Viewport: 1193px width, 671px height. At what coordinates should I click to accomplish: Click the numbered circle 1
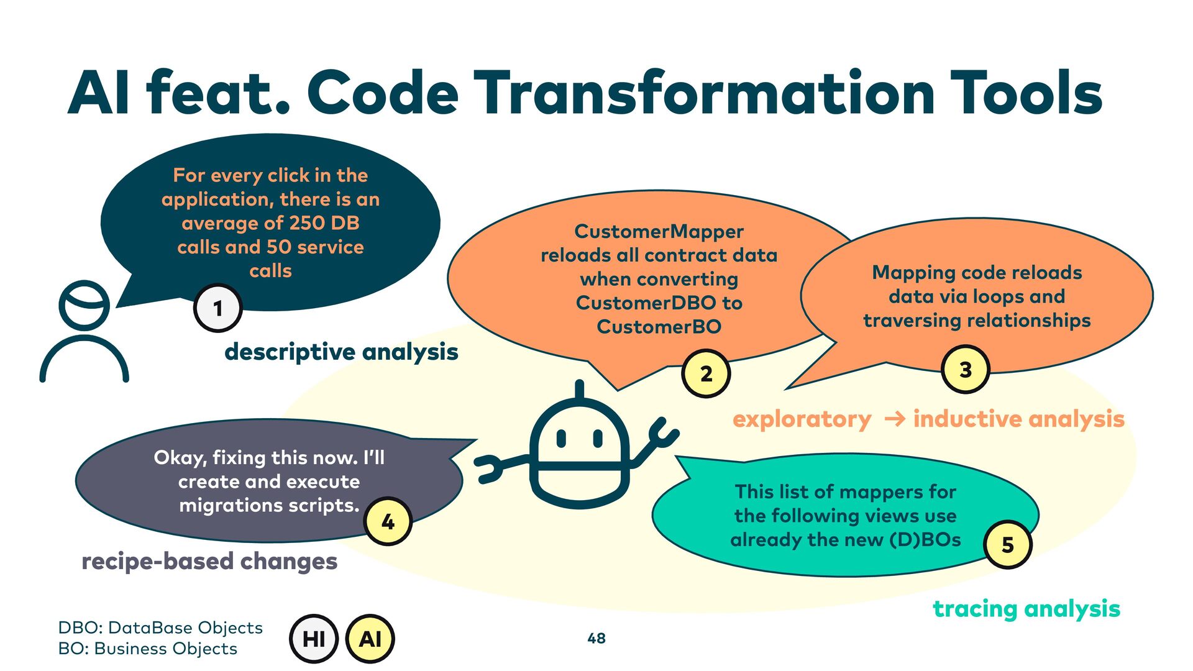click(217, 308)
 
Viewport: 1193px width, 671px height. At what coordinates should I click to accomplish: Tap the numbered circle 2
click(706, 374)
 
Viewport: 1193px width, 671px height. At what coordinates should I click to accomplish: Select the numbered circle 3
click(965, 370)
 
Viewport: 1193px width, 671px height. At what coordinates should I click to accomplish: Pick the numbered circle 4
click(388, 521)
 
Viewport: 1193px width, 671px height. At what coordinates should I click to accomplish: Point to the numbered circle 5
click(1007, 544)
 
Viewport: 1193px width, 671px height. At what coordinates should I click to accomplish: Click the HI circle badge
click(314, 638)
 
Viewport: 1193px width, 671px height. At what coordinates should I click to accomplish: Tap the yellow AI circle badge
click(370, 638)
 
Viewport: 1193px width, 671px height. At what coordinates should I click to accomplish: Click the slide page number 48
click(596, 638)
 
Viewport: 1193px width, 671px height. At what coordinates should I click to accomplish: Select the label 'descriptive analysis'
click(341, 352)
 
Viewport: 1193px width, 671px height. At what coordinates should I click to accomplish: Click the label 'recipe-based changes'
click(209, 561)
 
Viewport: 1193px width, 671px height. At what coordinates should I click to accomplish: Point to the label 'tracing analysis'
click(1026, 609)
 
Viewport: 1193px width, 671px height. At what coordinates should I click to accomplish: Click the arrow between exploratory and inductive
click(894, 419)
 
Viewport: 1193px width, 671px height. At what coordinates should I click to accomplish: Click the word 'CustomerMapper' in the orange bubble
click(659, 231)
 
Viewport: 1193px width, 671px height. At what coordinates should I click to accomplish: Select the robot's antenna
click(580, 390)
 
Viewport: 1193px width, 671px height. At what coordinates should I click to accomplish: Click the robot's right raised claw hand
click(662, 432)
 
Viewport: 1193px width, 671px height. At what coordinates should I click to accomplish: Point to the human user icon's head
click(84, 304)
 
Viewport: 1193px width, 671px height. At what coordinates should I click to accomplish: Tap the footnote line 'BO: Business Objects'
click(147, 649)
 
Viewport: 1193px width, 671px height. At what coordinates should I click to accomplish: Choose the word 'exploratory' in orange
click(802, 419)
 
